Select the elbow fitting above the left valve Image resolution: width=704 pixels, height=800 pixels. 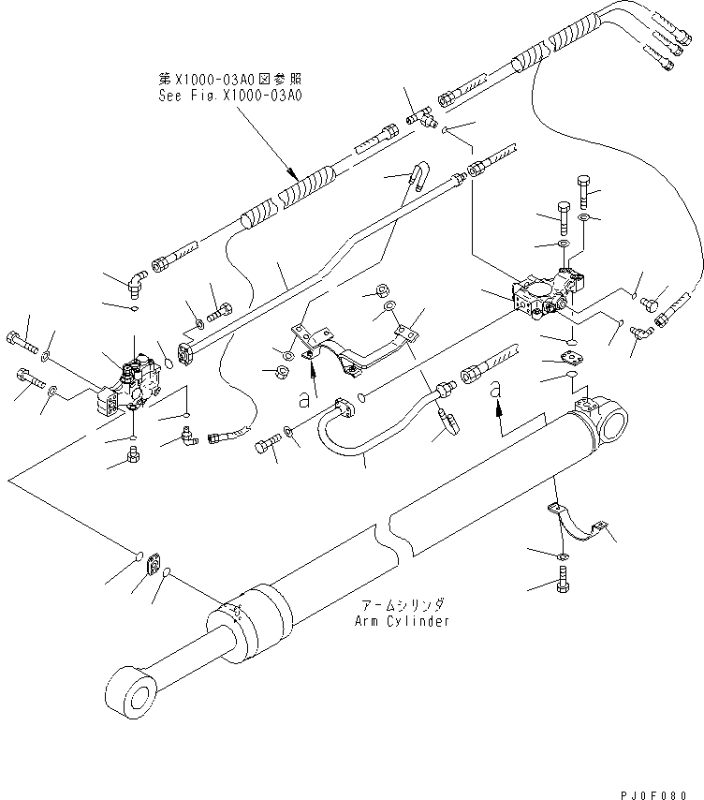tap(138, 280)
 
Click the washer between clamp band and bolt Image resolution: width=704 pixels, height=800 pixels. tap(560, 557)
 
